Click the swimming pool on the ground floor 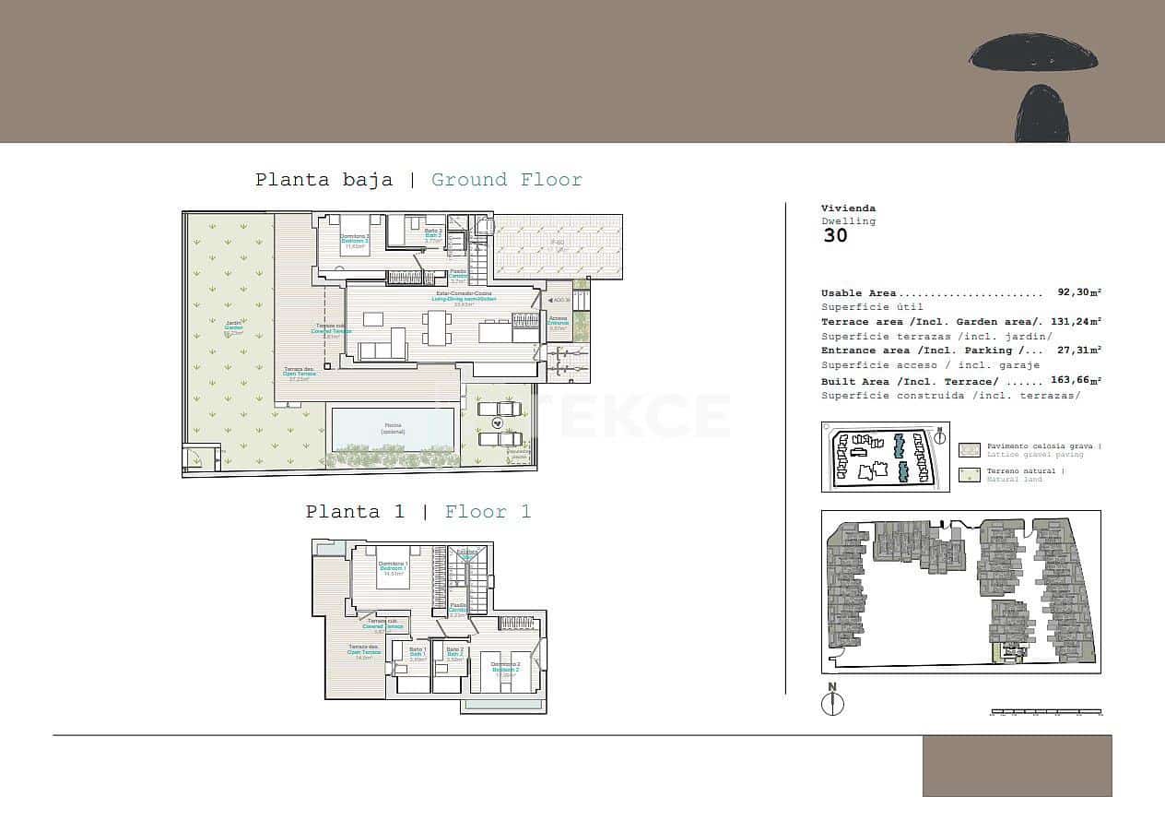393,428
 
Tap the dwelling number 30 834,235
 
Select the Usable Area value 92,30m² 1079,292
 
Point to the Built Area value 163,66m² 1076,380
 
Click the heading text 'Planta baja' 324,180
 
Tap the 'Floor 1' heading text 488,512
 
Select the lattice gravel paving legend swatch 969,450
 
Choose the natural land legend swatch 969,475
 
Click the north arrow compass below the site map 832,702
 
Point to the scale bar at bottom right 1045,712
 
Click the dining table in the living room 436,327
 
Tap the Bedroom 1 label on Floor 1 394,567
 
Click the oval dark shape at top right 1033,53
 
